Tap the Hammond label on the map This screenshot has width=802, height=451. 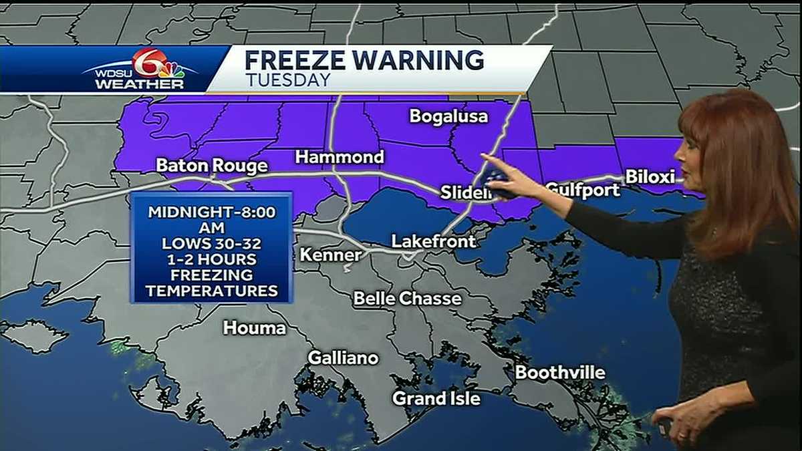(x=340, y=158)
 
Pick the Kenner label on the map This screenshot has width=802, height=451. (x=330, y=255)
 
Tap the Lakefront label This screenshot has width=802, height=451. (x=433, y=241)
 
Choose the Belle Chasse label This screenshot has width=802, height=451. (x=407, y=298)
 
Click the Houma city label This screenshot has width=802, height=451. (x=255, y=327)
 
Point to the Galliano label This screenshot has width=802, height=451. (x=343, y=358)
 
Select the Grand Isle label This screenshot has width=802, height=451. (x=436, y=399)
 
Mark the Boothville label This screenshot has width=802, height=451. (x=560, y=373)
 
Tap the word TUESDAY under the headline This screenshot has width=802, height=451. (x=288, y=80)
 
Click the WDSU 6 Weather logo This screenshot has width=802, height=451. (x=140, y=69)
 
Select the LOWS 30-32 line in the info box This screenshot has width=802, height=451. (x=211, y=243)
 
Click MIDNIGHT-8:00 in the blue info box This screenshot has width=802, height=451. (x=211, y=212)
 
